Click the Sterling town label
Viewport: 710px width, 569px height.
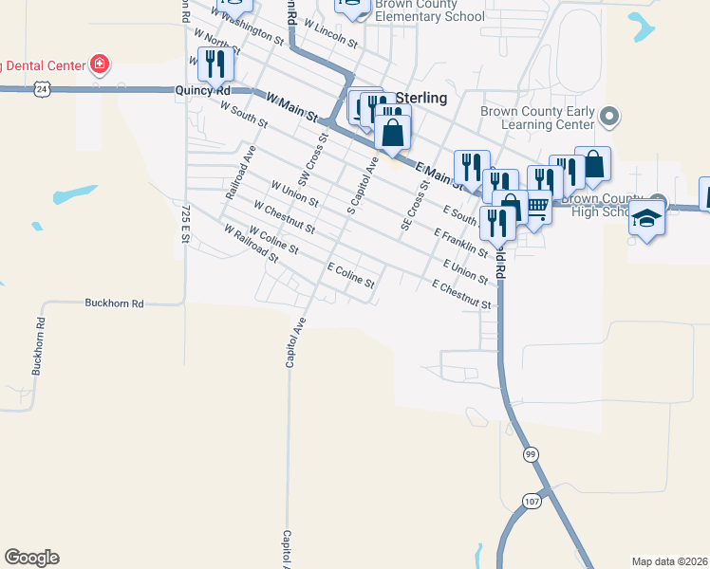pyautogui.click(x=420, y=98)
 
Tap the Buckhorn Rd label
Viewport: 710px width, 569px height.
pyautogui.click(x=113, y=303)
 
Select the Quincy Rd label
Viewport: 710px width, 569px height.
pyautogui.click(x=203, y=90)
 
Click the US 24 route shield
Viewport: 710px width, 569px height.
pyautogui.click(x=41, y=87)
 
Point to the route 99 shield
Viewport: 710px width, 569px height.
pyautogui.click(x=530, y=455)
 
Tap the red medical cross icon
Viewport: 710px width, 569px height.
pyautogui.click(x=99, y=65)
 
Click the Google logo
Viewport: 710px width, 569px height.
pyautogui.click(x=31, y=558)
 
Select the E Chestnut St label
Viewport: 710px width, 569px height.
pyautogui.click(x=460, y=296)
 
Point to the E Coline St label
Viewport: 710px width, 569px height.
pyautogui.click(x=351, y=277)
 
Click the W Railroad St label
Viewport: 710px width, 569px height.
pyautogui.click(x=252, y=244)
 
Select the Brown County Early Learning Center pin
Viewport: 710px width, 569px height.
pyautogui.click(x=609, y=118)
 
